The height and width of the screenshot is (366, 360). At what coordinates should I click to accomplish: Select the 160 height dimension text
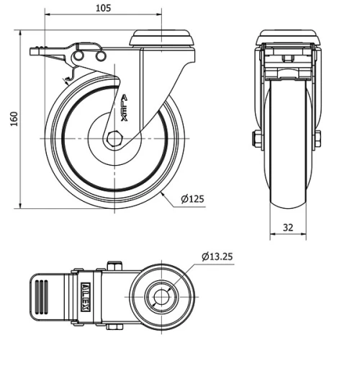13,120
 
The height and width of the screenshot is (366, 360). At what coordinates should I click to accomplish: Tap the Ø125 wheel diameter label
191,199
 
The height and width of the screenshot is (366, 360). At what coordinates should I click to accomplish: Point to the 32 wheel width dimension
288,227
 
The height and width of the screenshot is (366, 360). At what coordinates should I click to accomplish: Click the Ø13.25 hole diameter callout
217,256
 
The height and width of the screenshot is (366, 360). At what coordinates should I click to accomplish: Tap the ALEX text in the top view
85,296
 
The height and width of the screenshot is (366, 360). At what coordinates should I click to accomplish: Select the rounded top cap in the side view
163,37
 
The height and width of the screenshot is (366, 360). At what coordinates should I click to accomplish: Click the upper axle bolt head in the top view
113,266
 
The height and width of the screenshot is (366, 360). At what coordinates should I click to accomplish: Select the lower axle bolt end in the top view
113,326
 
